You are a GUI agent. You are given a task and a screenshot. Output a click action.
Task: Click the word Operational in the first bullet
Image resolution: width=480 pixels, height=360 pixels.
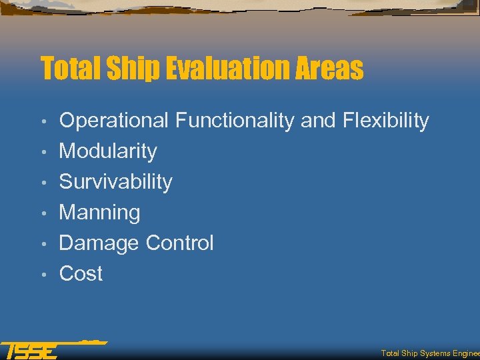pos(114,121)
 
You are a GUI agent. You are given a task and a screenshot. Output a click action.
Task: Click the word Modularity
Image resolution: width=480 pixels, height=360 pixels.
pos(108,151)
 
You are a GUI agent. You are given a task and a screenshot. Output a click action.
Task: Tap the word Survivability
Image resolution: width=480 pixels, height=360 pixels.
pos(115,181)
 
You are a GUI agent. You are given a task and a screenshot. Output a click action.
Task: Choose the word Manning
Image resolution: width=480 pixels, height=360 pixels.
pos(99,213)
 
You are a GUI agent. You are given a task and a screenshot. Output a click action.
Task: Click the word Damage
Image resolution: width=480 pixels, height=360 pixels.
pos(99,243)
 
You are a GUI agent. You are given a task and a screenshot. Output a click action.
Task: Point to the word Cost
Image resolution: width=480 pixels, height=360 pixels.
pos(81,273)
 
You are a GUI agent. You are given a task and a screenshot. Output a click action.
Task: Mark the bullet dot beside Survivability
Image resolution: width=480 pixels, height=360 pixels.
pos(43,183)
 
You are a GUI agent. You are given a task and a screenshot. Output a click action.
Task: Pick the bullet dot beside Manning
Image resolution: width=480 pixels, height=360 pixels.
pos(43,214)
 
